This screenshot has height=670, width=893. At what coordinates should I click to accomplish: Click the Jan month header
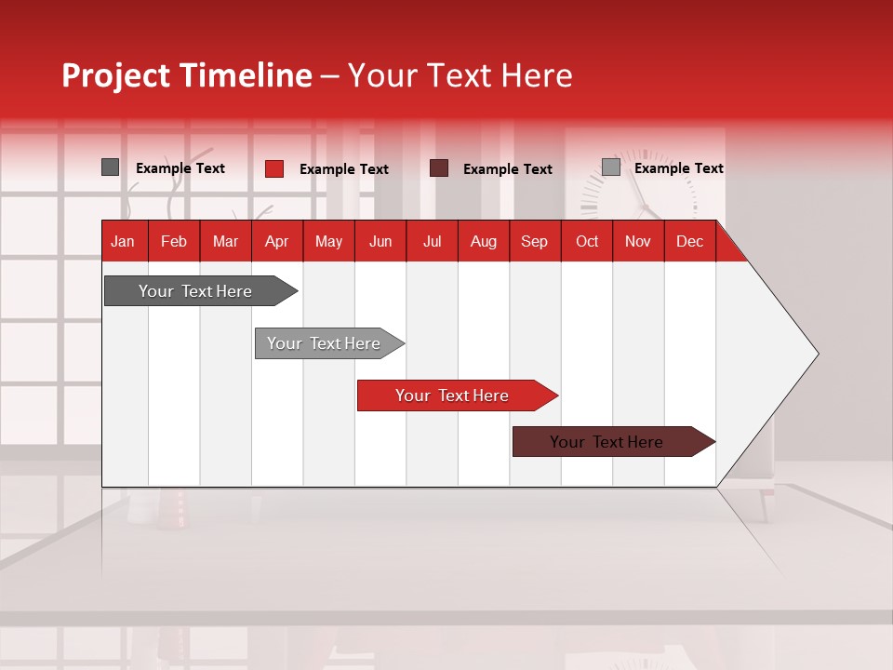[123, 241]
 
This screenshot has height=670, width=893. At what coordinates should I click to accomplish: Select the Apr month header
[276, 241]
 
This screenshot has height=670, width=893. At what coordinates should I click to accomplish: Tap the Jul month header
[432, 241]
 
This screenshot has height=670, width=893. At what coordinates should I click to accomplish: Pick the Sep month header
[534, 241]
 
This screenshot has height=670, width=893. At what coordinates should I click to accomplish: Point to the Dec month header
[689, 241]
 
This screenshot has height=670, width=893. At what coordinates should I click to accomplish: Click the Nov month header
[637, 241]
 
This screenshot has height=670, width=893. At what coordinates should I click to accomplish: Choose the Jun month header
[380, 241]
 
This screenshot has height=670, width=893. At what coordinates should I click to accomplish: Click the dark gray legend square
[110, 167]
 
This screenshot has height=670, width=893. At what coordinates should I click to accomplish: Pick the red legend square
[273, 168]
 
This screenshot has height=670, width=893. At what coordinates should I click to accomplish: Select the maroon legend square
[439, 167]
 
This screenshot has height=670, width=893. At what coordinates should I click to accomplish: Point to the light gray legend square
[610, 167]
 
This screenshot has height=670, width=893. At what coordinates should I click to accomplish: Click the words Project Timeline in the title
[186, 75]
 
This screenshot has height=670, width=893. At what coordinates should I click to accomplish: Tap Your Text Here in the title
[460, 75]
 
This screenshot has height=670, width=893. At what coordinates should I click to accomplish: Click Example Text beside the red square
[343, 169]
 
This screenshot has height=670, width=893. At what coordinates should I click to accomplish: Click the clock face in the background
[640, 191]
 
